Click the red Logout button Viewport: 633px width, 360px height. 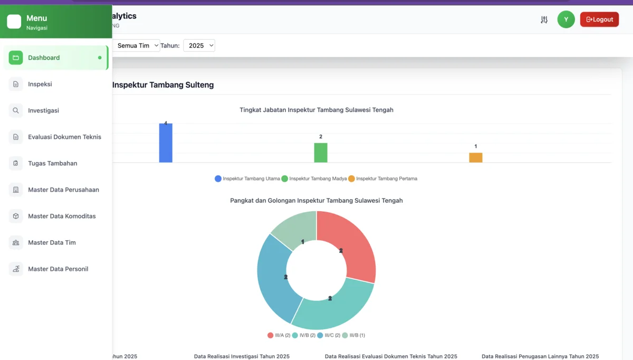(599, 20)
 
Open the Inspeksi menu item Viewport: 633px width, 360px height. (40, 84)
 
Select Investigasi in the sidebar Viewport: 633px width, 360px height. (43, 110)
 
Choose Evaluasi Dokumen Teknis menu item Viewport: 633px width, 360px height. (64, 137)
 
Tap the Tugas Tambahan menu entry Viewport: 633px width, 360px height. (52, 163)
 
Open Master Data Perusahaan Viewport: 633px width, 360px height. (63, 190)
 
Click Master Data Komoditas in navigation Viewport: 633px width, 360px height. (62, 216)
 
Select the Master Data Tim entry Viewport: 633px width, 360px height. (52, 242)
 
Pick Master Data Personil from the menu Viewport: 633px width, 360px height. (58, 269)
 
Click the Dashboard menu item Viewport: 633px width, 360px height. (44, 58)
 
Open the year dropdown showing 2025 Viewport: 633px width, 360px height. (199, 45)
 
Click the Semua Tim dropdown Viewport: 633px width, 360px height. (136, 45)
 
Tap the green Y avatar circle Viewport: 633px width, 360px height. (566, 20)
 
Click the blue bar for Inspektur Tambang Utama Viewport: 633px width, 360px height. (166, 143)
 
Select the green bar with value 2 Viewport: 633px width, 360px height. (321, 153)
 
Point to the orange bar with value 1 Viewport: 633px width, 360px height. (476, 157)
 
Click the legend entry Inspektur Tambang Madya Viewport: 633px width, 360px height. (314, 178)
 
